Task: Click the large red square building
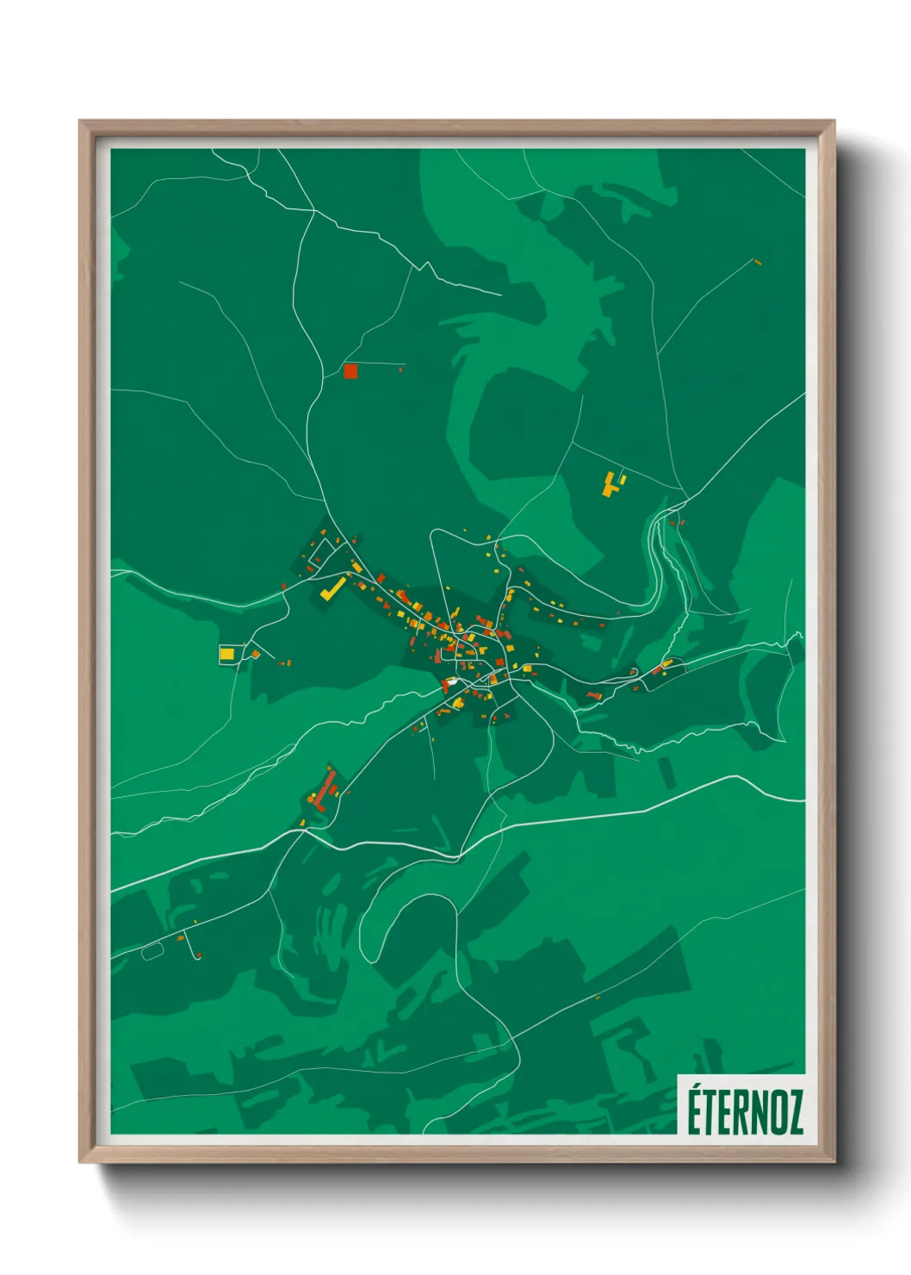(x=350, y=371)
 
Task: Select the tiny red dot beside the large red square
(x=400, y=370)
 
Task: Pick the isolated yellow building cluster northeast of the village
(x=612, y=483)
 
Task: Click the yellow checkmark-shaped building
(x=332, y=589)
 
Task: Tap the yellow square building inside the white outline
(x=226, y=655)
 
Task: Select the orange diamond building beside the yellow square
(x=255, y=655)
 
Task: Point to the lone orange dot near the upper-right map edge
(x=758, y=261)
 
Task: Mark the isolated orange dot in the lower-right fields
(x=598, y=997)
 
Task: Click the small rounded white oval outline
(x=152, y=951)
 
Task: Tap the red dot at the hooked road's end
(x=199, y=955)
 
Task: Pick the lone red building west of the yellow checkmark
(x=284, y=587)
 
